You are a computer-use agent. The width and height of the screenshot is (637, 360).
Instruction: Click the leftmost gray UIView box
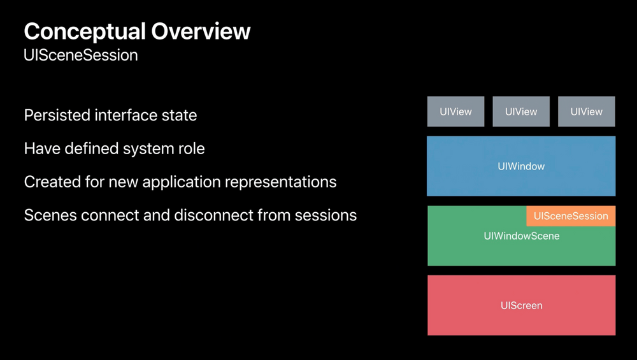[455, 112]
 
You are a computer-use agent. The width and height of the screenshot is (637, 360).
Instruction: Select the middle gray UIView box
[521, 112]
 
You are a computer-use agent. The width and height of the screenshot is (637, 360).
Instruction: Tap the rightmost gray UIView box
[586, 112]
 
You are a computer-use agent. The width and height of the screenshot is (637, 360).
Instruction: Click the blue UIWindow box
[521, 166]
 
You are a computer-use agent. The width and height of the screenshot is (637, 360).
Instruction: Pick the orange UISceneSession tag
[571, 216]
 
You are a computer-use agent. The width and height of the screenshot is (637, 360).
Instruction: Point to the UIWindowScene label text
[521, 236]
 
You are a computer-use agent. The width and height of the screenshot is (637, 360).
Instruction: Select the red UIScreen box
[521, 305]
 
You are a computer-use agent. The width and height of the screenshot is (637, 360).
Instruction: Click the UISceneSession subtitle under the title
[81, 55]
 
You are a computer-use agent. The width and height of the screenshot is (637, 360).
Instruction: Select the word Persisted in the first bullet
[57, 115]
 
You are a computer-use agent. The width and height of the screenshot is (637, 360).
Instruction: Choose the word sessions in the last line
[324, 215]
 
